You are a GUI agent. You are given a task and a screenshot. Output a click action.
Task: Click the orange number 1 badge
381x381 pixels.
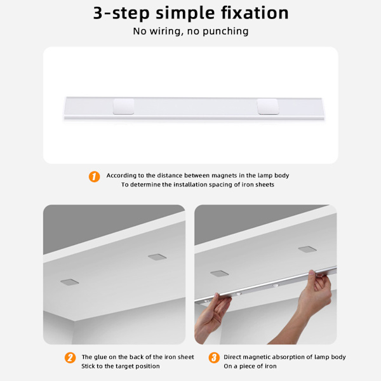click(94, 177)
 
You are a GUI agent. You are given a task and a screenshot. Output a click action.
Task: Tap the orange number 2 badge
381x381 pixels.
click(70, 358)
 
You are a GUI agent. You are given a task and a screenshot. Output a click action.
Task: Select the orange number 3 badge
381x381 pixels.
click(214, 358)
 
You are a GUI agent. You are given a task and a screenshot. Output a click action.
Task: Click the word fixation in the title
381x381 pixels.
click(255, 13)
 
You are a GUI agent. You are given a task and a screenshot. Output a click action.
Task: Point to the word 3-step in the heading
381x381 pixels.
click(121, 13)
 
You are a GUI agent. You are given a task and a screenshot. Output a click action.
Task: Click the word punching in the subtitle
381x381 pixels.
click(225, 31)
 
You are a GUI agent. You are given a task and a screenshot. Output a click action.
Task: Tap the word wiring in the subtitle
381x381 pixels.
click(166, 31)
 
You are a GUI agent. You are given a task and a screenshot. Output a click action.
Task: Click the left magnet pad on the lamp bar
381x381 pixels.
click(124, 107)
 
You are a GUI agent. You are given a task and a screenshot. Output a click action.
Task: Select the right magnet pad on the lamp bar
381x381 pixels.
click(268, 107)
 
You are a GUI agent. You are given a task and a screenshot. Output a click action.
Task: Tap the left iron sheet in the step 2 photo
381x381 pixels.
click(70, 282)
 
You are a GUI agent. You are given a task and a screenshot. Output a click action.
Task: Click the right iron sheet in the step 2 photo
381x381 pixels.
click(157, 257)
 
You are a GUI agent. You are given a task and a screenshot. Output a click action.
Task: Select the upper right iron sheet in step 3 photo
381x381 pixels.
click(307, 250)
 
